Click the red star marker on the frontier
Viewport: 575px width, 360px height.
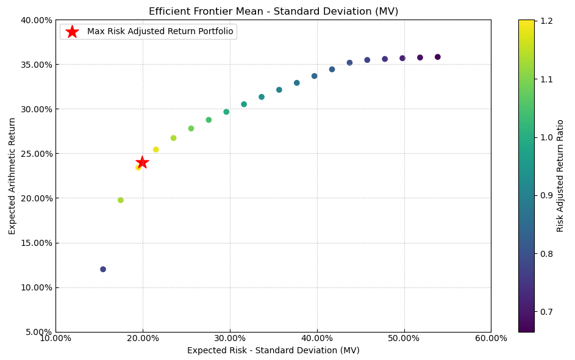pos(142,162)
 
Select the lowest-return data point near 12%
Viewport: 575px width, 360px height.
pos(103,269)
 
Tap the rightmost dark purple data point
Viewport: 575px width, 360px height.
pos(437,57)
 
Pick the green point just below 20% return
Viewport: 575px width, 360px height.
pos(121,200)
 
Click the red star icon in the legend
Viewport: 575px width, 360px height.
pos(72,32)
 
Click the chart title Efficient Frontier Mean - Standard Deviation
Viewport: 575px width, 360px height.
pos(273,12)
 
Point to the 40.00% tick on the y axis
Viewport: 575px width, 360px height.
pos(36,20)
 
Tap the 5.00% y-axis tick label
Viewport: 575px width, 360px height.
pos(38,332)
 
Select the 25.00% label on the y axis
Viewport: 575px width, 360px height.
pos(36,154)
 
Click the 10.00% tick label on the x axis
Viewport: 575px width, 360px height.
pos(55,339)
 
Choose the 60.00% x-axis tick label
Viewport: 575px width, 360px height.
pos(491,339)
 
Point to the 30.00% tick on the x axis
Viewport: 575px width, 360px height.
pos(230,339)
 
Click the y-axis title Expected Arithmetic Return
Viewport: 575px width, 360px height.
pos(13,176)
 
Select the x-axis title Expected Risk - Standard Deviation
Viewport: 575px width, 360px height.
pos(273,351)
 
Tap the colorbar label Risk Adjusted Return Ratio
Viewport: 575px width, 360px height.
pos(560,176)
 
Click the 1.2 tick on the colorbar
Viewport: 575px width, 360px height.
pos(546,21)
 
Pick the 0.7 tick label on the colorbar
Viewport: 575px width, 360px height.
pos(546,312)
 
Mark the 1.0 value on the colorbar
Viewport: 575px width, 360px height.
pos(546,137)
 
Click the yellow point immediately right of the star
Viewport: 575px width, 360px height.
pos(155,149)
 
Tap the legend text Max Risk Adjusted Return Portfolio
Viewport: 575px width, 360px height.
pos(160,32)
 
